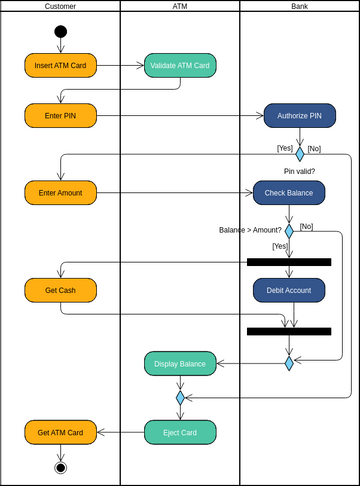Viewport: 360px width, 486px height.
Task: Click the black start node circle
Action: coord(60,32)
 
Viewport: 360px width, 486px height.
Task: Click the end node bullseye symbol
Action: coord(60,467)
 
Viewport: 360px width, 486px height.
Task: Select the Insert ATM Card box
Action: coord(60,65)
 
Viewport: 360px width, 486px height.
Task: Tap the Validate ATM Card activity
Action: coord(180,65)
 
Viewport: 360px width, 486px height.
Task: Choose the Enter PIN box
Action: coord(60,115)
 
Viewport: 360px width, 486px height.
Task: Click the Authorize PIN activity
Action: coord(299,115)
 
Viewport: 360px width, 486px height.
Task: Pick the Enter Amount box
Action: coord(60,191)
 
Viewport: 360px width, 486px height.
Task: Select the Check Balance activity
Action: coord(289,192)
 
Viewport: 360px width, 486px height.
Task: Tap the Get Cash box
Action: coord(60,290)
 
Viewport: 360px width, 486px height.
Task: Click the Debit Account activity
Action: coord(289,290)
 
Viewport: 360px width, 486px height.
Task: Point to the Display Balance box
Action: coord(180,364)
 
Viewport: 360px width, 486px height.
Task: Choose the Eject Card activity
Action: coord(180,432)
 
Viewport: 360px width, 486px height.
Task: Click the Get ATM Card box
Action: coord(60,432)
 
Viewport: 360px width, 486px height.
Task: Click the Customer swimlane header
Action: coord(60,6)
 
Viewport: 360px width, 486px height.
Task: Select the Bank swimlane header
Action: coord(300,6)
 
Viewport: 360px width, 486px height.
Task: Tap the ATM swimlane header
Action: coord(180,6)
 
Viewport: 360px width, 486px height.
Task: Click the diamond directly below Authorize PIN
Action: coord(299,154)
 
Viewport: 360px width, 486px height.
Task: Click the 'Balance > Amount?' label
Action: coord(250,230)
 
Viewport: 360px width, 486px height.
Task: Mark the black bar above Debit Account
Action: coord(289,262)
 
